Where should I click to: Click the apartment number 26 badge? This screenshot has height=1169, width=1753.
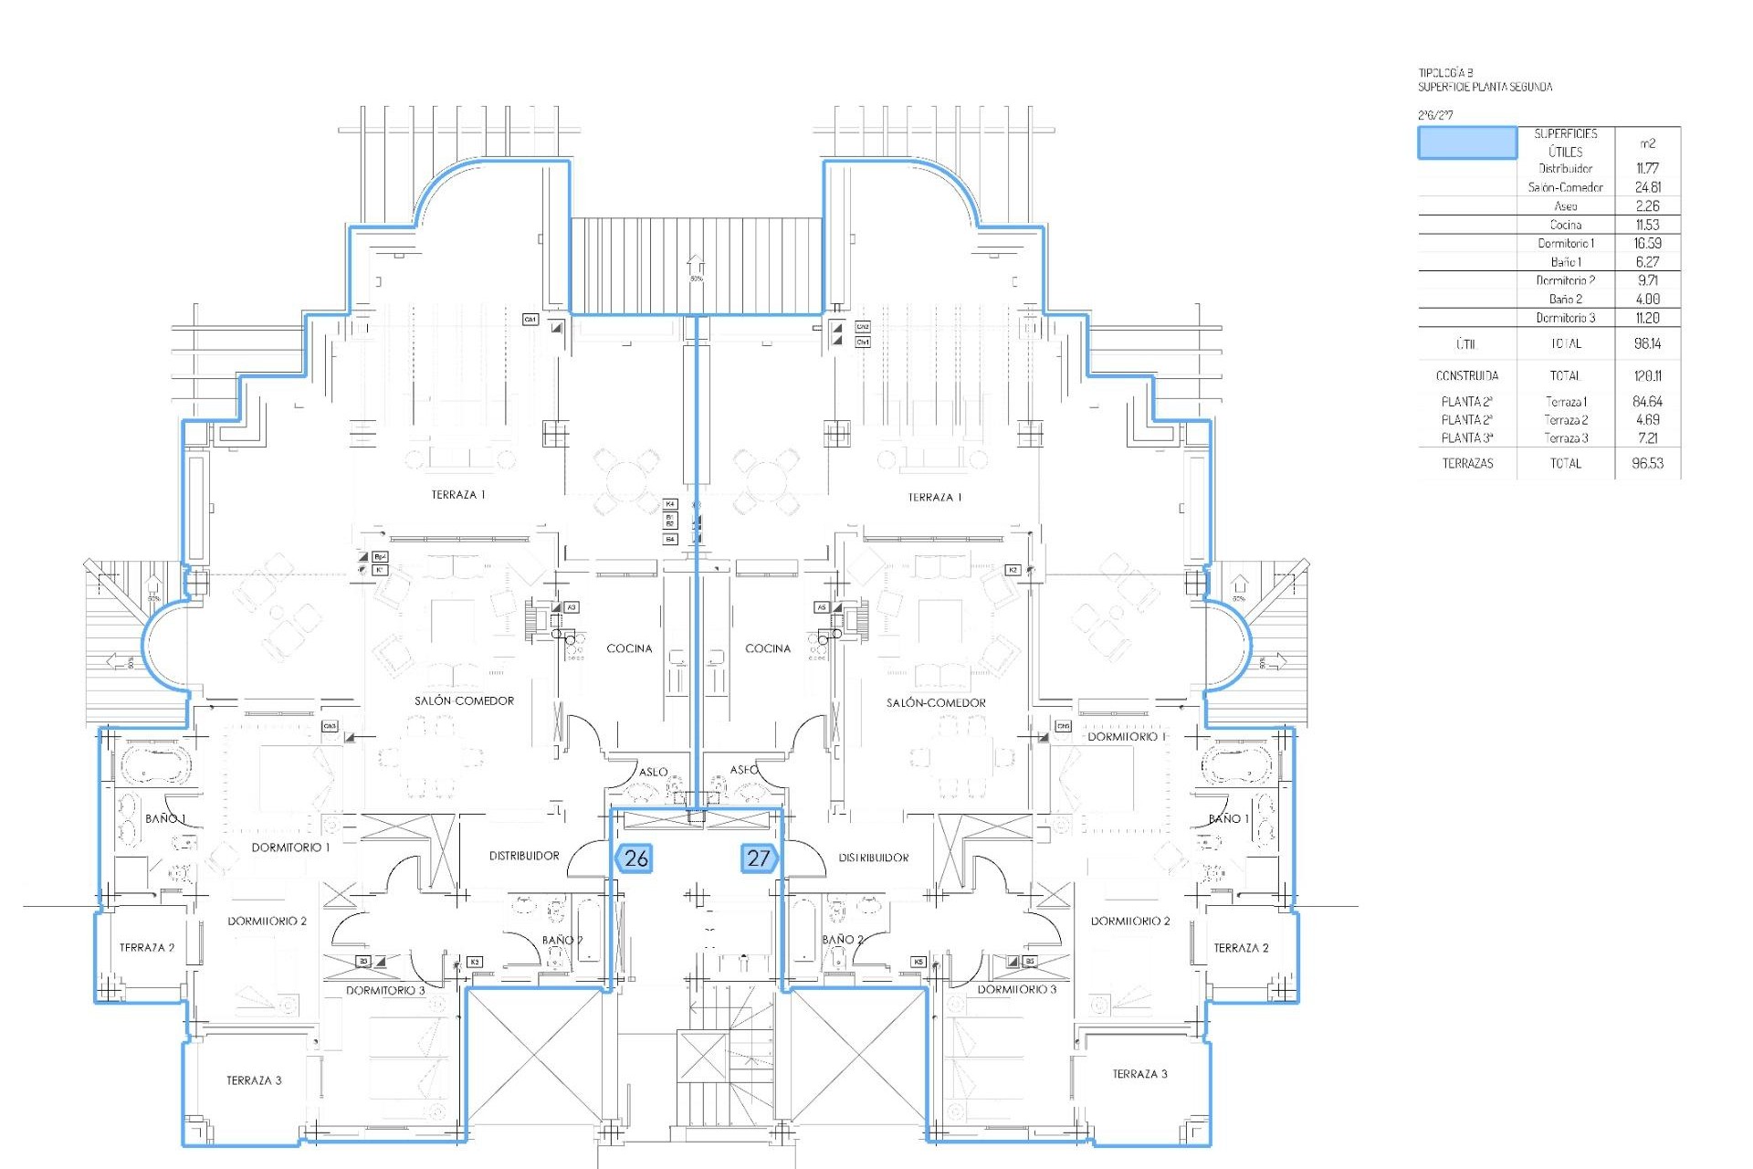click(x=635, y=858)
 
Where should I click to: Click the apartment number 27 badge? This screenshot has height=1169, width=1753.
click(x=759, y=858)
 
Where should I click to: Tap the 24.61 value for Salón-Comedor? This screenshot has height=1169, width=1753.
click(x=1647, y=187)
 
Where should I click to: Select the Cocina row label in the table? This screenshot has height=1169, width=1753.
click(x=1565, y=225)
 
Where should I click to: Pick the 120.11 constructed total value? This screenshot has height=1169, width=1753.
click(x=1647, y=375)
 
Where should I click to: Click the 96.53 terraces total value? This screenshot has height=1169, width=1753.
click(x=1647, y=463)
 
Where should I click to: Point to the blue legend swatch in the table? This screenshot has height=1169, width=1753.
click(x=1466, y=143)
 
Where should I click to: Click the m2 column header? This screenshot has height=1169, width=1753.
click(x=1647, y=143)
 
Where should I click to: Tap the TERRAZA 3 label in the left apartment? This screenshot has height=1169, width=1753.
click(x=254, y=1080)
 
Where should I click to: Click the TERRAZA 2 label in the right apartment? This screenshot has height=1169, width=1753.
click(x=1240, y=948)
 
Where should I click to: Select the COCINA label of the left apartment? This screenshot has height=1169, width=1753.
click(x=629, y=648)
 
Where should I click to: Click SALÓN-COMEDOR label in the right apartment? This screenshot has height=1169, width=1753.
click(x=936, y=703)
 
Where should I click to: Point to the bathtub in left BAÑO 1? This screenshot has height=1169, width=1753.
click(x=153, y=764)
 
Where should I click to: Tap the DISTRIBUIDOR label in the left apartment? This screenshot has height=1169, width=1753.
click(x=524, y=856)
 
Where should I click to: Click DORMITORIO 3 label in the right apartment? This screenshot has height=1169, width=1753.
click(x=1016, y=989)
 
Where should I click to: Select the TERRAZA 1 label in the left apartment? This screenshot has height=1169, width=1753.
click(x=458, y=495)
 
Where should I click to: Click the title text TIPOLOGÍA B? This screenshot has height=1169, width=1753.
click(x=1446, y=72)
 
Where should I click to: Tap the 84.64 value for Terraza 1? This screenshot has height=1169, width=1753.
click(x=1647, y=402)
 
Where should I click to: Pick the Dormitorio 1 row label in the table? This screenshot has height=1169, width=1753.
click(x=1565, y=243)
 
